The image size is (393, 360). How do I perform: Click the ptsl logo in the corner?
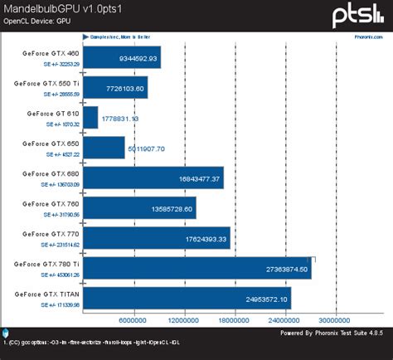coord(358,14)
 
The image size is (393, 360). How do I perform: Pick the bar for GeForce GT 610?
coord(91,117)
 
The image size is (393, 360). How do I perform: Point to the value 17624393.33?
coord(200,238)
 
